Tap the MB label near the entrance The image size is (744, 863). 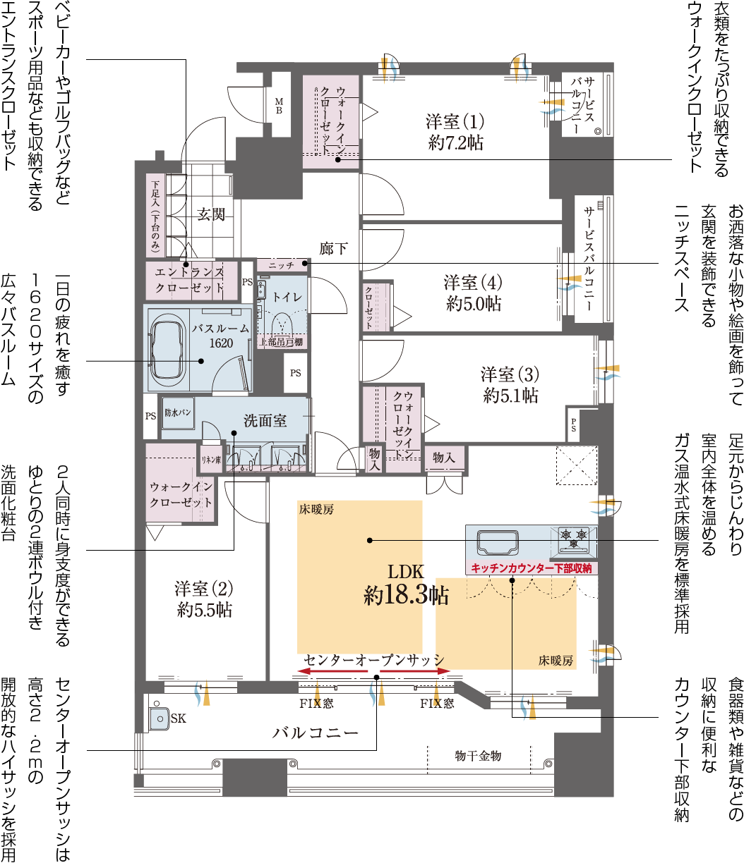coord(279,106)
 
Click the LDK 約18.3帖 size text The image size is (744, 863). coord(406,596)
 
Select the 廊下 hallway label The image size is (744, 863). coord(333,248)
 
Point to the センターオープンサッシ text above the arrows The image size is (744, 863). coord(374,659)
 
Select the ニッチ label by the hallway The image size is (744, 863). coord(281,265)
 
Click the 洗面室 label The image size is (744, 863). coord(265,421)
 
